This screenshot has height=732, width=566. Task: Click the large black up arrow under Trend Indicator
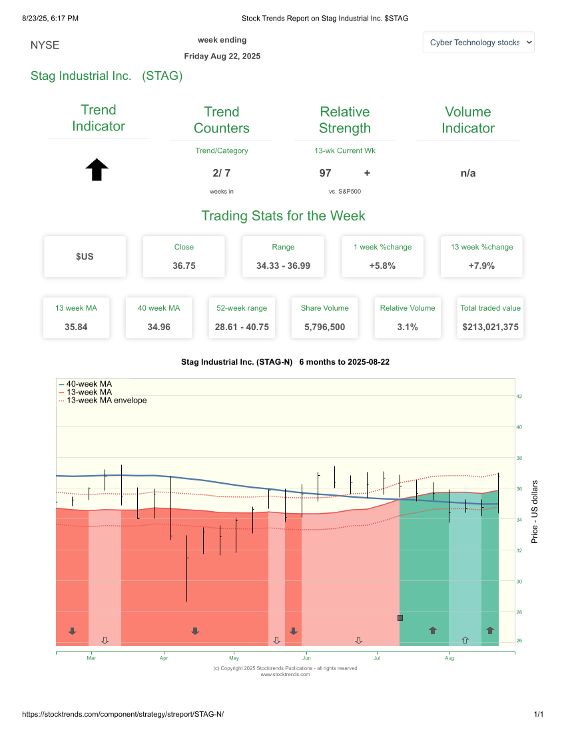click(97, 170)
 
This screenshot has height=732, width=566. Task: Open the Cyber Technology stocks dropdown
click(479, 42)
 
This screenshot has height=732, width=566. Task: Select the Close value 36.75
click(184, 266)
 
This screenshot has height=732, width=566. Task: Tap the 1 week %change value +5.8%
click(382, 266)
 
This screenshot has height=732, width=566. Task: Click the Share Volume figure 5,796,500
click(324, 327)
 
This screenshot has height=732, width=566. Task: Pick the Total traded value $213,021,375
click(490, 327)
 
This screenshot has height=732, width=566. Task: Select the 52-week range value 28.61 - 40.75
click(242, 327)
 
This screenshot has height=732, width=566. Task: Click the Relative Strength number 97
click(326, 173)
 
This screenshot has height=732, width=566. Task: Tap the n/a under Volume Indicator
click(468, 173)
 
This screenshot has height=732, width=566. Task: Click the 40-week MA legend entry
click(89, 384)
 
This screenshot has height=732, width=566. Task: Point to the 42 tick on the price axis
click(519, 397)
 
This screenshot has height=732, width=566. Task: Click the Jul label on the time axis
click(377, 658)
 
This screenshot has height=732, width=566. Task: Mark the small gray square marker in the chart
click(400, 618)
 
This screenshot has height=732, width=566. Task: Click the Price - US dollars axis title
click(534, 511)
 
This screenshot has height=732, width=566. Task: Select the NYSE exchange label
click(45, 45)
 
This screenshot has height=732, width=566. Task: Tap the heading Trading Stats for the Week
click(283, 216)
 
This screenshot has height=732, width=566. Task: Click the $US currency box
click(85, 256)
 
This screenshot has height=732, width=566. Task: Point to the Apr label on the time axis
click(163, 658)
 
